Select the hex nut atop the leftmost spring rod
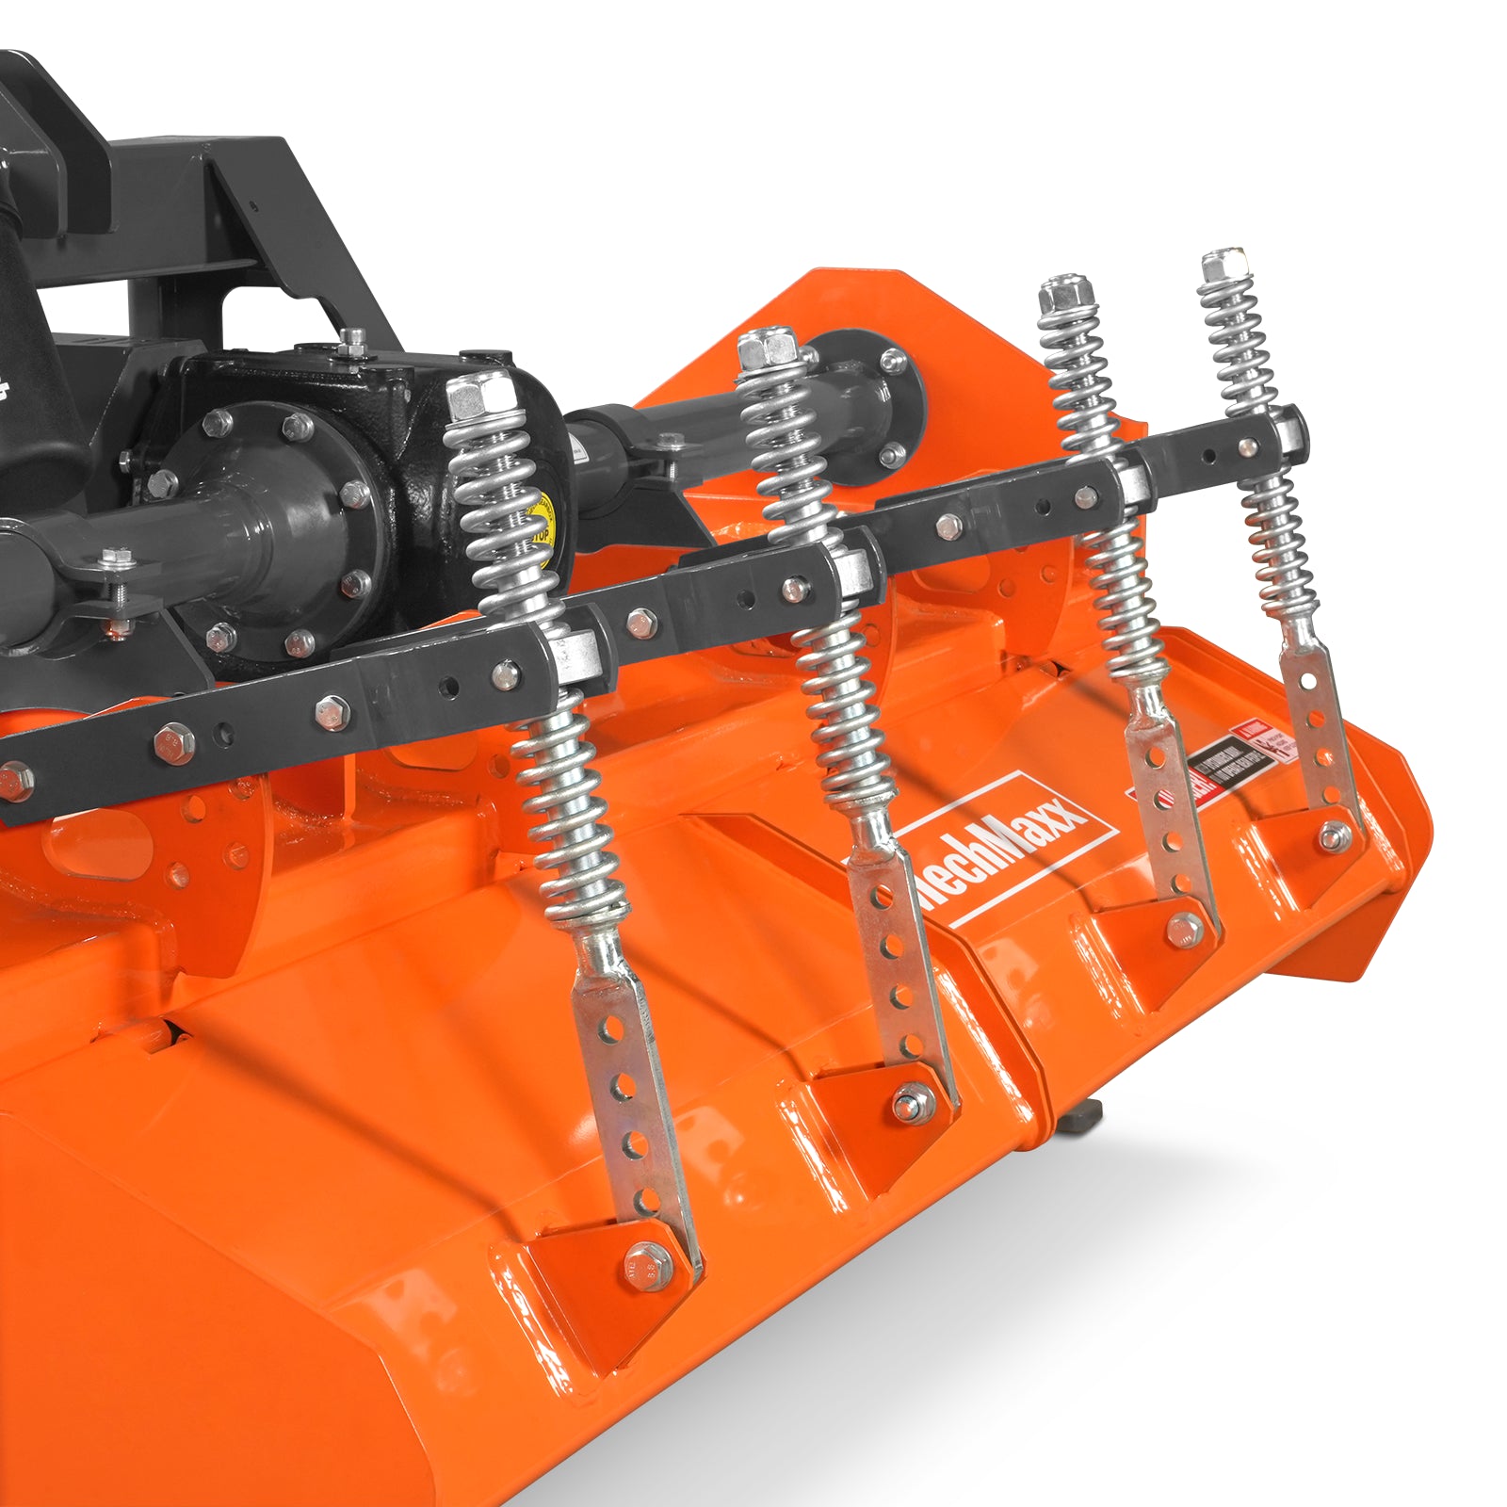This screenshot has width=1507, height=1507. [479, 396]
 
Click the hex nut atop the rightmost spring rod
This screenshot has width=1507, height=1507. [1223, 264]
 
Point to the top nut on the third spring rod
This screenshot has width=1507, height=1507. [1061, 296]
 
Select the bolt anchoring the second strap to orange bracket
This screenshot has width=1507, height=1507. [911, 1101]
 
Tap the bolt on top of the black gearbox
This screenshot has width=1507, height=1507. [352, 341]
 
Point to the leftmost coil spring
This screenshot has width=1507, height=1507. [537, 659]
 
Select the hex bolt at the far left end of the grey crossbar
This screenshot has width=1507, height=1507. [13, 780]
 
